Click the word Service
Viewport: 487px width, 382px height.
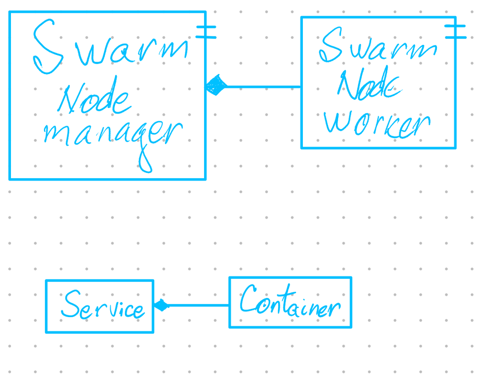pyautogui.click(x=102, y=306)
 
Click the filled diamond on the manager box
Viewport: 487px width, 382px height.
pyautogui.click(x=217, y=86)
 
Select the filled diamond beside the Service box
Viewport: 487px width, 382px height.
pyautogui.click(x=161, y=305)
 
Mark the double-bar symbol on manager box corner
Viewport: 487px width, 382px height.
pyautogui.click(x=206, y=32)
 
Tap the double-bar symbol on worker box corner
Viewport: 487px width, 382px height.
pyautogui.click(x=456, y=32)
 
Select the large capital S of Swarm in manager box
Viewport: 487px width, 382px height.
pyautogui.click(x=48, y=47)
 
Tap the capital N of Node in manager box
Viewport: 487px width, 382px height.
pyautogui.click(x=70, y=99)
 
